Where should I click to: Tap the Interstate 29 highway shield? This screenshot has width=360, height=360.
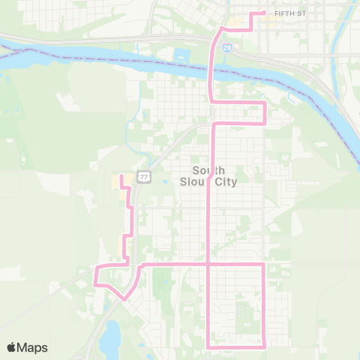(227, 46)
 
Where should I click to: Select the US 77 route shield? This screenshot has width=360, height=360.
(145, 176)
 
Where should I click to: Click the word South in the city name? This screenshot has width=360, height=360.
(208, 169)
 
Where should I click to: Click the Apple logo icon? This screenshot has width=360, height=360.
(12, 347)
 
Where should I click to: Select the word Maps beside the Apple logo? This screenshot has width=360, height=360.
(32, 347)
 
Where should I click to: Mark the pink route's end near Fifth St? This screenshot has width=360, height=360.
(265, 12)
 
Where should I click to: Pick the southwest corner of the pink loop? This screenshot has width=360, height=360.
(208, 346)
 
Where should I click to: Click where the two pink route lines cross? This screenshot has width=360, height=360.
(208, 265)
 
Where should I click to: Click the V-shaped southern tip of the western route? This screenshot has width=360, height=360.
(124, 298)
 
